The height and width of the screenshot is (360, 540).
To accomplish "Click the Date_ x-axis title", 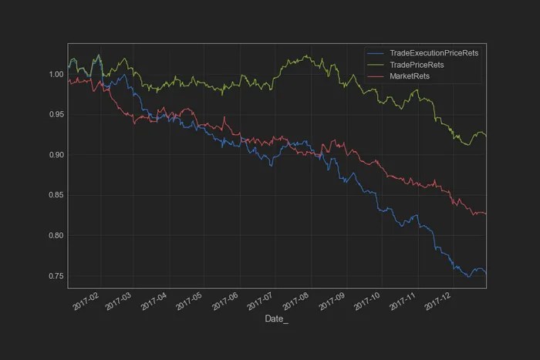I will click(x=276, y=318).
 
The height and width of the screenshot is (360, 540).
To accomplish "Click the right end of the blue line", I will click(x=485, y=274).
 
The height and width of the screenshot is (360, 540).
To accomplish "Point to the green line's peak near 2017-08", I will click(x=306, y=56).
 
